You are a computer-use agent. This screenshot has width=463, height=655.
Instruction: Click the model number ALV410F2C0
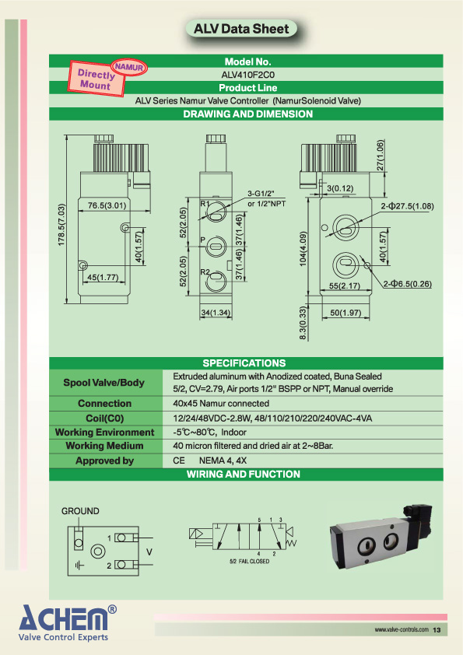tap(247, 75)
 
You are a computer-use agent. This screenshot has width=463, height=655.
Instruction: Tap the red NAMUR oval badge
tap(129, 67)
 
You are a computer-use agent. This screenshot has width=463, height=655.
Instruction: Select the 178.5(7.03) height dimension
tap(61, 225)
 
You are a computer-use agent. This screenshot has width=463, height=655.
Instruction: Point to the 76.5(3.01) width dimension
tap(107, 205)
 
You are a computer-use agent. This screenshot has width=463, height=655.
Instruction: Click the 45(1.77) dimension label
tap(103, 277)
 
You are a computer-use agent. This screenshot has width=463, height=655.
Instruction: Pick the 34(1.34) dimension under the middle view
tap(216, 313)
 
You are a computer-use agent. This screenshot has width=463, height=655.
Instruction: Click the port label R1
tap(205, 204)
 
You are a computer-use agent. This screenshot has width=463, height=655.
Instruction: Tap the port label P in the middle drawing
tap(202, 240)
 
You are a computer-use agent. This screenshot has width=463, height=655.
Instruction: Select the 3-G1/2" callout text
tap(261, 194)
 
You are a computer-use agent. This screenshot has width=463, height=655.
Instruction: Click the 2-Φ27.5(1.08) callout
tap(408, 206)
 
